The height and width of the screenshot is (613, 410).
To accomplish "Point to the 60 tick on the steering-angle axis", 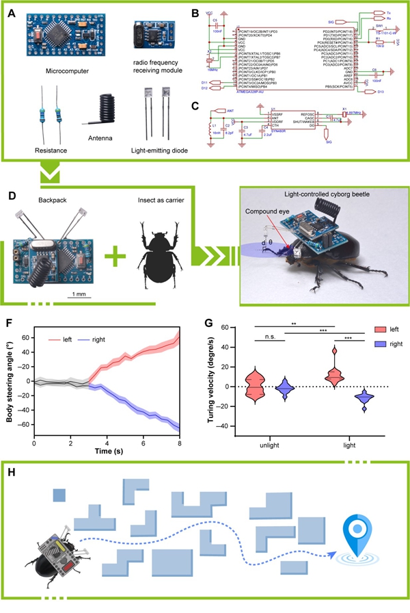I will tap(26, 337).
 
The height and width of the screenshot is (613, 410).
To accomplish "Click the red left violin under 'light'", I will tap(336, 372).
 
